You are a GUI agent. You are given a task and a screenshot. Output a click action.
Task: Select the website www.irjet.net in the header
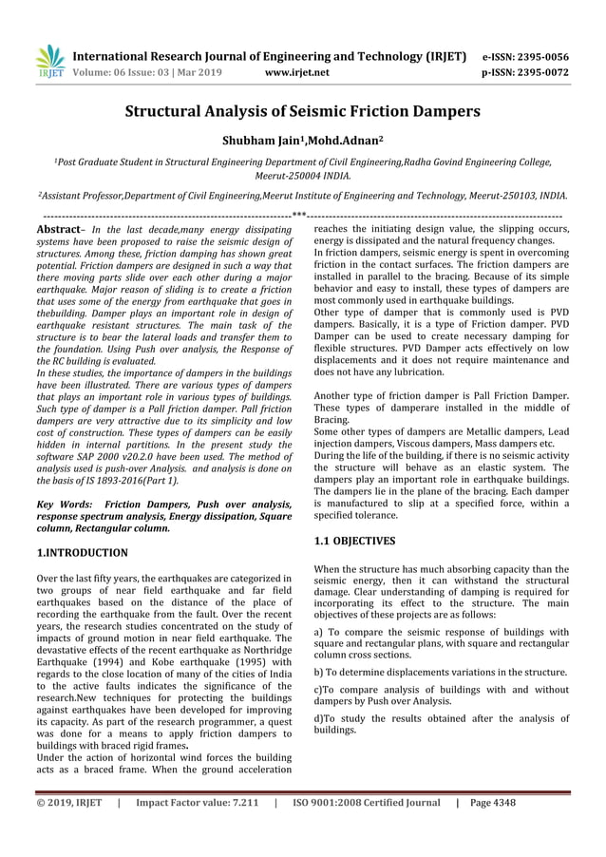(x=297, y=71)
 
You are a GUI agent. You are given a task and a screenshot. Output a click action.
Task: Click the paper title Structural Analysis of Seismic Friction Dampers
(x=303, y=111)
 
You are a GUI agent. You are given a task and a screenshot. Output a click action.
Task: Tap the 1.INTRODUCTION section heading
(x=81, y=552)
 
